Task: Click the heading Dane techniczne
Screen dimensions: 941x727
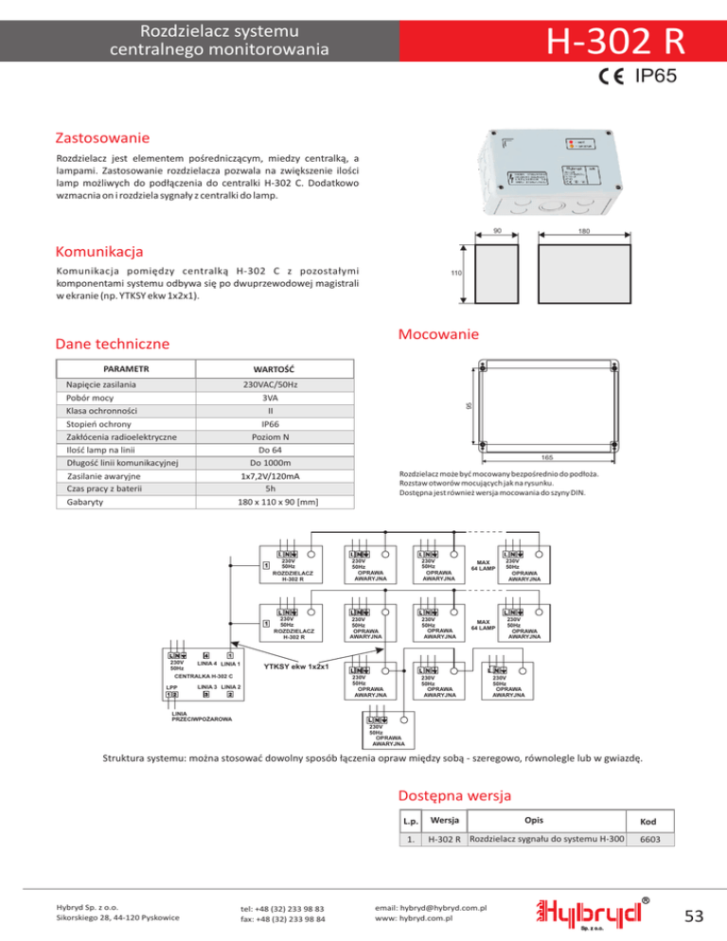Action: pyautogui.click(x=113, y=345)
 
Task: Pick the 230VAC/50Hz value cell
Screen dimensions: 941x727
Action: pyautogui.click(x=270, y=385)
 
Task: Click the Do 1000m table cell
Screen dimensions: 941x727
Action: pyautogui.click(x=270, y=463)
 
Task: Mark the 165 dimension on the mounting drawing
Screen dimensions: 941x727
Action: pyautogui.click(x=547, y=457)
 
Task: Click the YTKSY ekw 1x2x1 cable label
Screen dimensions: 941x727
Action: pyautogui.click(x=296, y=666)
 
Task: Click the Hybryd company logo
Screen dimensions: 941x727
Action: pyautogui.click(x=594, y=910)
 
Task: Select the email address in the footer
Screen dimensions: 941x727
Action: pyautogui.click(x=431, y=907)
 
